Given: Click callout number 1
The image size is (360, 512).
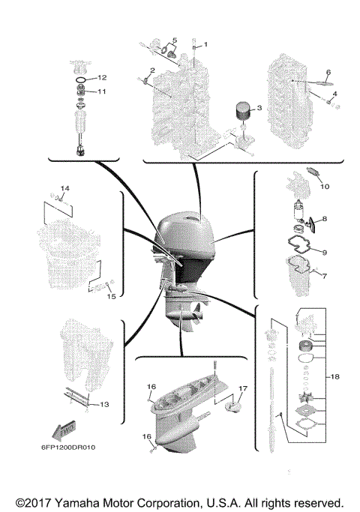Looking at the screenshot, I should pos(208,44).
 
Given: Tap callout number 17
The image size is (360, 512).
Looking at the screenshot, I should pos(242,388).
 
